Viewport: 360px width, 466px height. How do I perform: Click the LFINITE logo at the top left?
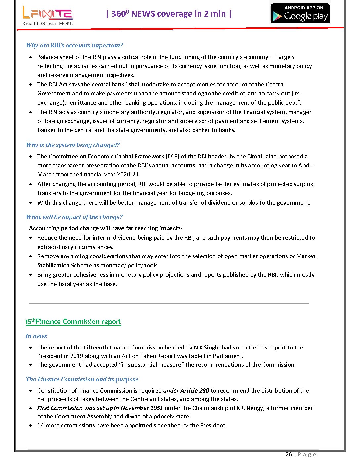click(47, 13)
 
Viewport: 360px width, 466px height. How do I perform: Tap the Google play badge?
click(300, 14)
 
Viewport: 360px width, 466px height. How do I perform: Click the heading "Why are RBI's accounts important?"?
click(74, 45)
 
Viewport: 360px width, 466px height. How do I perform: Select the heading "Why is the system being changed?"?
click(73, 145)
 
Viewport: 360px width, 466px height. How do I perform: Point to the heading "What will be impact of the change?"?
click(74, 217)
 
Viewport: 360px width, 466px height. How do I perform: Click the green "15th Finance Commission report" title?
click(73, 322)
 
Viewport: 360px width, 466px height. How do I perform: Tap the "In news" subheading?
click(36, 336)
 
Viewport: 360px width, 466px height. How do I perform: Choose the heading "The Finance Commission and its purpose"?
click(82, 379)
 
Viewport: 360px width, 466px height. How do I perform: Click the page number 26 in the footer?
click(289, 454)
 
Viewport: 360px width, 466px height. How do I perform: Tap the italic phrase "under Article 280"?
click(186, 391)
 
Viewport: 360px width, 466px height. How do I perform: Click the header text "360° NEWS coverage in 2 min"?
click(169, 14)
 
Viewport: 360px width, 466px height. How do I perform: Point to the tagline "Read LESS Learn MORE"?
click(47, 23)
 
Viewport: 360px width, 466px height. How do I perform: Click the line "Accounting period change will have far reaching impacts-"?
click(106, 228)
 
